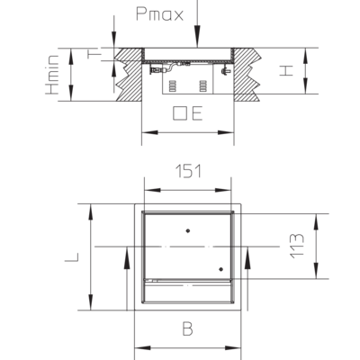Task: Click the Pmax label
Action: pos(159,14)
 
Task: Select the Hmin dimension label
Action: pos(52,75)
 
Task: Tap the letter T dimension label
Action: pos(94,54)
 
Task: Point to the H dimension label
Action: pos(286,71)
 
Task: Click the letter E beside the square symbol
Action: pos(197,113)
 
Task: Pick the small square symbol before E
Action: pos(179,113)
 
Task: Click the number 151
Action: pos(188,171)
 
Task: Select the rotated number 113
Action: pos(297,246)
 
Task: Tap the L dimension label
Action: pos(72,257)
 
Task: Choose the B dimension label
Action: pos(188,328)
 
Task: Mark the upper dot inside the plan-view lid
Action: pos(188,230)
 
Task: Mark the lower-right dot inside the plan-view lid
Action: pos(221,269)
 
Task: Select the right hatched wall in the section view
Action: pos(247,75)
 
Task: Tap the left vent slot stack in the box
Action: pos(173,85)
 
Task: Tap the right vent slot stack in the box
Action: pos(203,85)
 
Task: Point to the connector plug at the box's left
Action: pos(155,71)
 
